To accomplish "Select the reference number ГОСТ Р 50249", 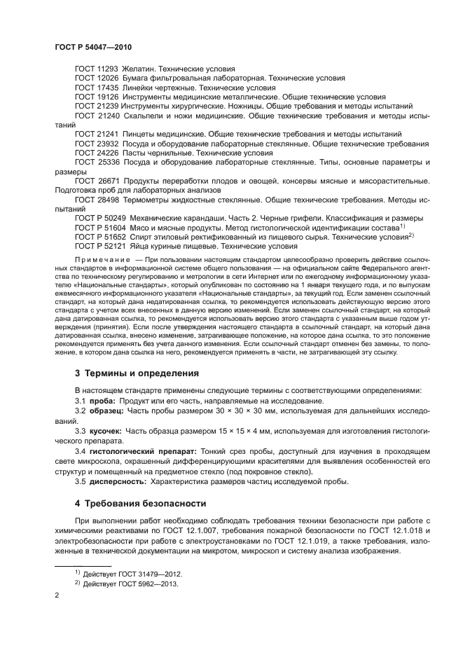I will pyautogui.click(x=100, y=218).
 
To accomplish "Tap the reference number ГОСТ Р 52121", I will pyautogui.click(x=100, y=246).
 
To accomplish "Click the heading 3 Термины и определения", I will pyautogui.click(x=137, y=373).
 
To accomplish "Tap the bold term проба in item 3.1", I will pyautogui.click(x=102, y=400).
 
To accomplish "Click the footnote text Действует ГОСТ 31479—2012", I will pyautogui.click(x=131, y=573).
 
